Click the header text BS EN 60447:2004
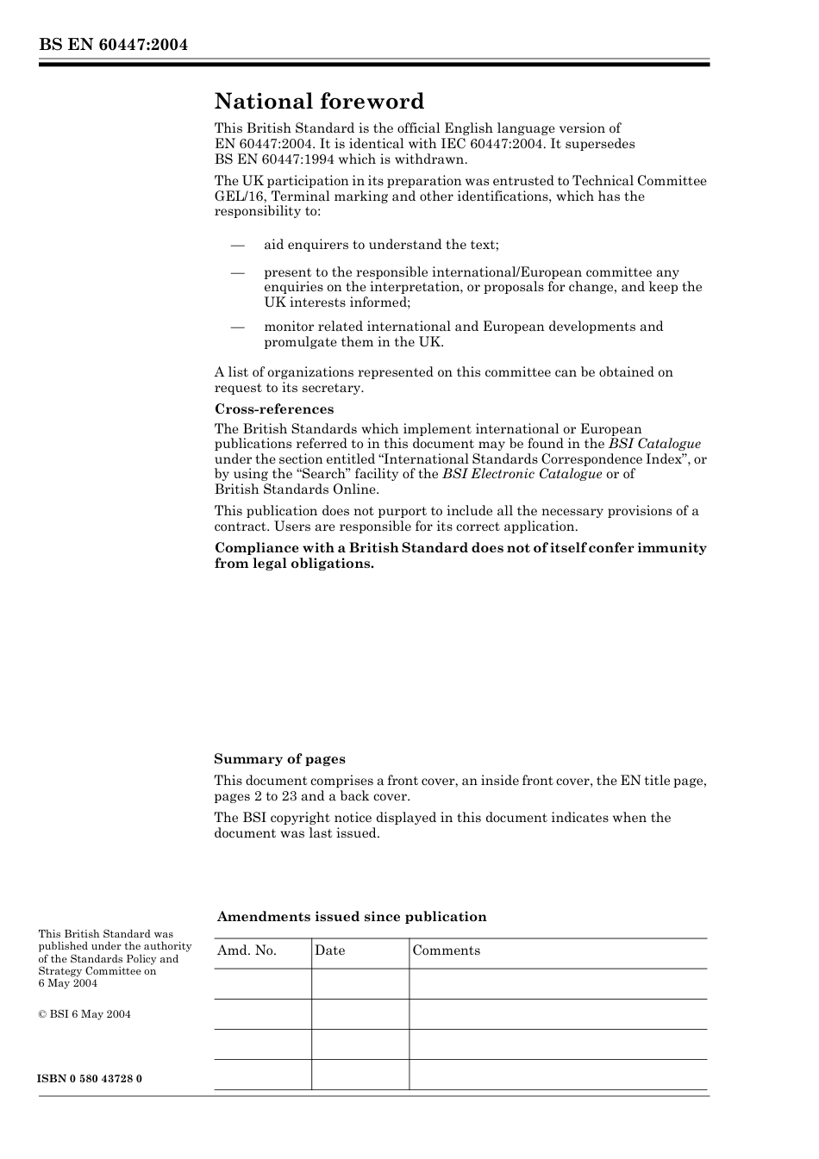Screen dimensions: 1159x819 pos(113,44)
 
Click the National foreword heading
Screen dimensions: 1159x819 pos(319,102)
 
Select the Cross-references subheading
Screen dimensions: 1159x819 pos(273,409)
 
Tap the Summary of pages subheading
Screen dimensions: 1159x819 pos(279,759)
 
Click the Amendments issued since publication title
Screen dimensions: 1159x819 pos(352,917)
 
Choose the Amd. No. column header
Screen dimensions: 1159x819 pos(247,950)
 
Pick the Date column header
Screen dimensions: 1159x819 pos(329,950)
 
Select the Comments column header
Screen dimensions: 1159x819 pos(446,950)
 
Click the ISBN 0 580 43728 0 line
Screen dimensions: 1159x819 pos(91,1079)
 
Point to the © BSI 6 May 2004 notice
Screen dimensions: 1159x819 pos(84,1014)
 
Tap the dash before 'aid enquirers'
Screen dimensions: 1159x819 pos(239,245)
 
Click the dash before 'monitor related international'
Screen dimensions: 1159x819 pos(239,327)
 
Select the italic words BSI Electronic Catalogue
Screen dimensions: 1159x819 pos(522,474)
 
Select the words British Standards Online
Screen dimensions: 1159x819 pos(296,489)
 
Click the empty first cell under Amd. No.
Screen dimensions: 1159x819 pos(262,983)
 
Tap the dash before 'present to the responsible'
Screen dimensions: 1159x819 pos(239,272)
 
